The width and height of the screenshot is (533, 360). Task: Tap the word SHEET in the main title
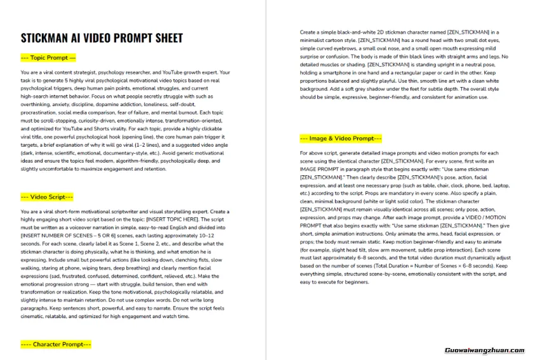(165, 38)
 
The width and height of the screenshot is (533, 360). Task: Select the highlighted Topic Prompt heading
(48, 58)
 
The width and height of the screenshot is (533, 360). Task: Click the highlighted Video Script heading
(47, 197)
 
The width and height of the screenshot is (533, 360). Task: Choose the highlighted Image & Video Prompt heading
(341, 138)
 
